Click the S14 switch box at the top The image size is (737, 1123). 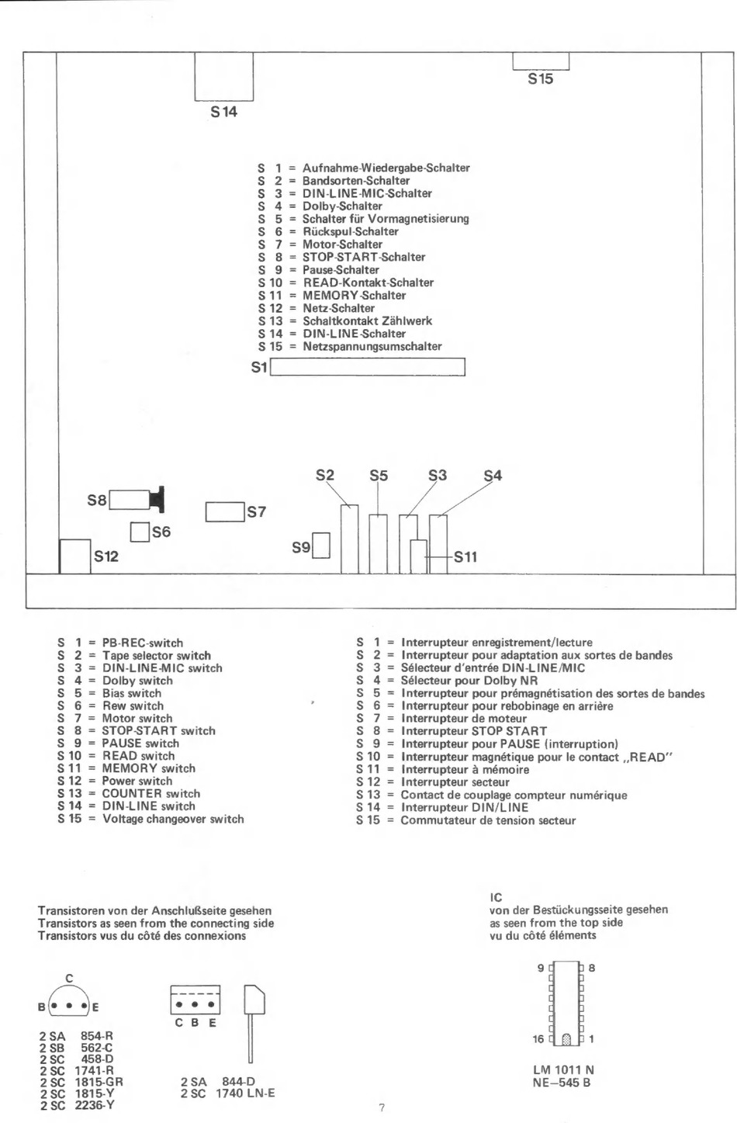[x=224, y=76]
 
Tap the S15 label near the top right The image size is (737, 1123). [x=541, y=78]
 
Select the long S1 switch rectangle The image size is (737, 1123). [x=366, y=366]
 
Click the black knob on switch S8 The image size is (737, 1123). [x=159, y=499]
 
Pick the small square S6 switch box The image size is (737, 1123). [x=140, y=532]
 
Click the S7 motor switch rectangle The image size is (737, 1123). [x=225, y=512]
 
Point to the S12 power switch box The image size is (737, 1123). [x=75, y=556]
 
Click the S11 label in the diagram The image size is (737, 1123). [x=465, y=556]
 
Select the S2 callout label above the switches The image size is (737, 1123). [x=325, y=475]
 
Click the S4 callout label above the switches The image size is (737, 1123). [x=493, y=475]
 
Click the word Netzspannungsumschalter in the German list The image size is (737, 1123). [x=372, y=346]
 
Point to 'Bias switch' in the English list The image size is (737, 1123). [x=132, y=693]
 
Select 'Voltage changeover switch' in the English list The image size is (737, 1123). [x=173, y=819]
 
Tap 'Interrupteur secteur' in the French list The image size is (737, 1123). [x=455, y=782]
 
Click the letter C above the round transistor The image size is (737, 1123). [x=70, y=978]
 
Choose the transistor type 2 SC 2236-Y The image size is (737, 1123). [x=77, y=1105]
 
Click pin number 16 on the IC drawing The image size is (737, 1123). [x=538, y=1038]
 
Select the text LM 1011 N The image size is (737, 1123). [x=563, y=1070]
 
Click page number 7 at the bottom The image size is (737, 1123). [x=381, y=1108]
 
